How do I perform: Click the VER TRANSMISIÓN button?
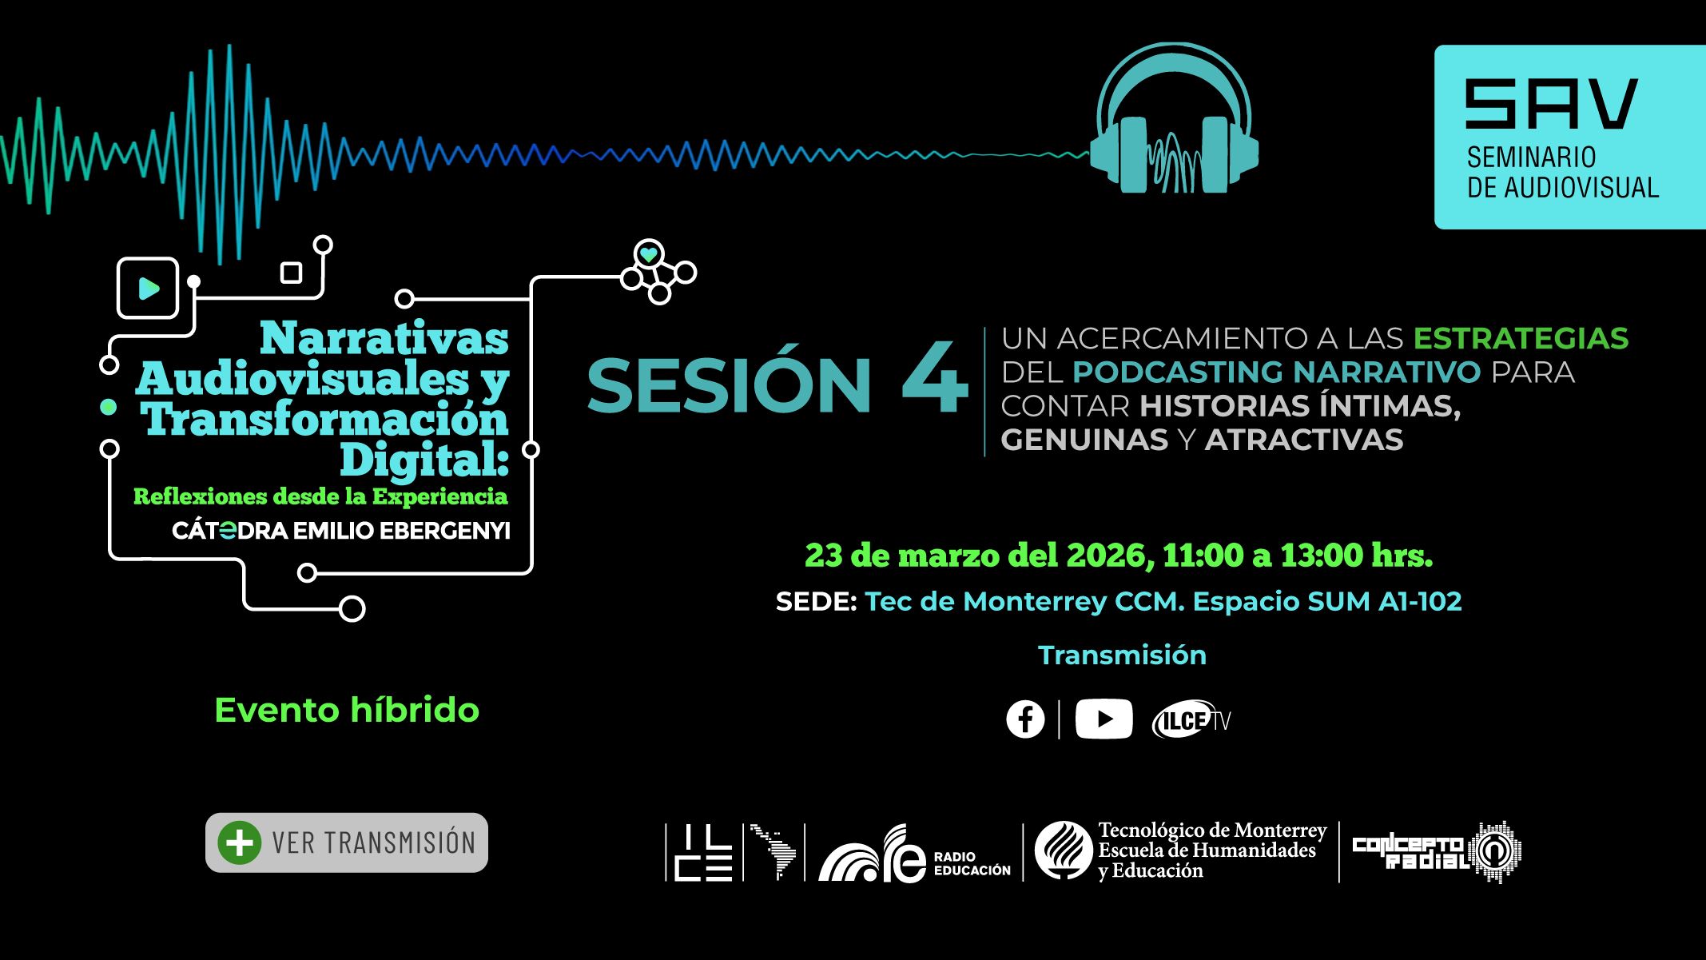coord(347,842)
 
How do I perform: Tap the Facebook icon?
coord(1025,719)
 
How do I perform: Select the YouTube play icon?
coord(1104,719)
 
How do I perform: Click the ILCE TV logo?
coord(1191,720)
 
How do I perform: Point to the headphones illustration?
coord(1174,119)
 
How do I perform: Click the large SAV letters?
coord(1551,104)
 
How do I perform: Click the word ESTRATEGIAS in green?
coord(1521,339)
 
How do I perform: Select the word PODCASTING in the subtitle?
coord(1177,372)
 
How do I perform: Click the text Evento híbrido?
coord(347,710)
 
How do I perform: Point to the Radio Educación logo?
coord(915,854)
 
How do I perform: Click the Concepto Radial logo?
coord(1436,852)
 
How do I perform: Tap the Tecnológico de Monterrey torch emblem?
coord(1064,850)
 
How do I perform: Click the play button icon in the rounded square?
coord(148,288)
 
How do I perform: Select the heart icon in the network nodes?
coord(649,255)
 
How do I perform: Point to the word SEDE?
coord(816,602)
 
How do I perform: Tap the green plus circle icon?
coord(239,842)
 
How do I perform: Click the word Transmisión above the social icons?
coord(1122,655)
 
